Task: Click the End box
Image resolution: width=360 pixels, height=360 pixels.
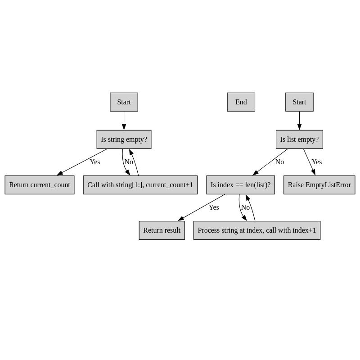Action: tap(241, 102)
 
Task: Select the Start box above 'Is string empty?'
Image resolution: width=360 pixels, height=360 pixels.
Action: tap(124, 102)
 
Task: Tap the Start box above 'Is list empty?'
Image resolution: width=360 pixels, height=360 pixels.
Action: tap(299, 102)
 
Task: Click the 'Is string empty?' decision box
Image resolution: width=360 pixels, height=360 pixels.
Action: tap(124, 139)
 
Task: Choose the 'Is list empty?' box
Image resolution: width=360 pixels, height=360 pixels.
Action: tap(299, 139)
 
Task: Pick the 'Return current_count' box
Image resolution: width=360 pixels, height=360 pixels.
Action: tap(40, 185)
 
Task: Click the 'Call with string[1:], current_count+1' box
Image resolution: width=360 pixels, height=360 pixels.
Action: tap(140, 185)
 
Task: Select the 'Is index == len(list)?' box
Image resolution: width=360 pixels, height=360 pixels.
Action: tap(240, 185)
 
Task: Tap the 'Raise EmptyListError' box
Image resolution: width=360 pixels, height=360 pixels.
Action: tap(319, 185)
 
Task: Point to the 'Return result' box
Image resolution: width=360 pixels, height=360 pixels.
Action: tap(162, 230)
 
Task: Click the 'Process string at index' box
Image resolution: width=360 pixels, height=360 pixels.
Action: tap(256, 230)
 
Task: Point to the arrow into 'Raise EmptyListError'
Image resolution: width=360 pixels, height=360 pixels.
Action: tap(309, 162)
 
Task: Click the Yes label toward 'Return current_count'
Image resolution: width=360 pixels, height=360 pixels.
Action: tap(94, 162)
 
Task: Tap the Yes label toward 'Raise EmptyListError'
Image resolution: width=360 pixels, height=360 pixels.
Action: tap(317, 162)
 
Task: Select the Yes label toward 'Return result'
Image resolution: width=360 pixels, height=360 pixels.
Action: tap(214, 207)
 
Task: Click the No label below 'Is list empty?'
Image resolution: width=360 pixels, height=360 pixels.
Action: tap(279, 162)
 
